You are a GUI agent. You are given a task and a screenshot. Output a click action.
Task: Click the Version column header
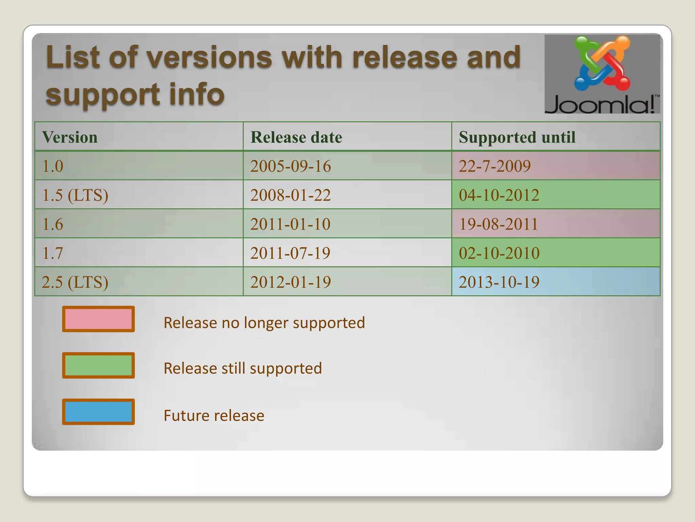point(70,137)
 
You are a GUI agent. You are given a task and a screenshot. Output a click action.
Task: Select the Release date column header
point(296,137)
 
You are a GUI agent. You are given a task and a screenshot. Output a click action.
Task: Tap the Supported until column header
point(517,137)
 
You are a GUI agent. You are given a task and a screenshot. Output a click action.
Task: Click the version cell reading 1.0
point(53,166)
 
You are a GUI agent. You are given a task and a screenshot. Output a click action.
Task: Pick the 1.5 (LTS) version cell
point(75,195)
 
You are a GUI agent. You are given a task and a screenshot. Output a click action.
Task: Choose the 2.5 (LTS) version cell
point(75,282)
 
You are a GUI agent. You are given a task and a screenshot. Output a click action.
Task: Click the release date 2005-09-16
point(290,166)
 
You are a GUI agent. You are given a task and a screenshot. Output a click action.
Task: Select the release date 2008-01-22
point(290,195)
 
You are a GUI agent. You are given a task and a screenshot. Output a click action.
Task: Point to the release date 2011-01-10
point(290,224)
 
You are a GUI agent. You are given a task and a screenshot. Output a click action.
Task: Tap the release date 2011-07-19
point(290,253)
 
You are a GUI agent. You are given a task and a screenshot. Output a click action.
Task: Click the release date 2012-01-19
point(290,282)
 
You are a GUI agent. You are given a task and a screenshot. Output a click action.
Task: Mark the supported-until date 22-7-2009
point(494,166)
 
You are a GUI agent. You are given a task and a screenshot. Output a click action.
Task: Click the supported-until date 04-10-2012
point(499,195)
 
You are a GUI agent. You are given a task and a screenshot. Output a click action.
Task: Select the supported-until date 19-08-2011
point(498,224)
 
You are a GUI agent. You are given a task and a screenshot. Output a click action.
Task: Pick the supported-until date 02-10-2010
point(499,253)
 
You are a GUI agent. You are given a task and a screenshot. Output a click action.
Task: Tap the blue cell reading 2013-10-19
point(499,282)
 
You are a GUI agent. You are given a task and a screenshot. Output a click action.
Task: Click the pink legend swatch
point(98,319)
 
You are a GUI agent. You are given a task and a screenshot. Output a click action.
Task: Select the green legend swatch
point(98,365)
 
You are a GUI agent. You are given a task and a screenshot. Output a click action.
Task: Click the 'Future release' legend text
point(214,416)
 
